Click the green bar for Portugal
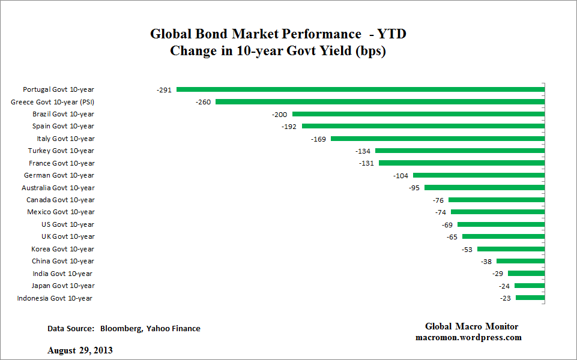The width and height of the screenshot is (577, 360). (x=360, y=89)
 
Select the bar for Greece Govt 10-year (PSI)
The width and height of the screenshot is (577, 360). (x=380, y=102)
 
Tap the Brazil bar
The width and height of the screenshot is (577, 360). (x=418, y=114)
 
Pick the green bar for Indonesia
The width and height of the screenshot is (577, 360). (x=530, y=298)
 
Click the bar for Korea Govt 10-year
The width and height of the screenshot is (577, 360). (x=511, y=249)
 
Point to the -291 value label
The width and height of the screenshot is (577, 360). (x=164, y=90)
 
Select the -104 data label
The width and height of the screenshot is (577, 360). (x=400, y=176)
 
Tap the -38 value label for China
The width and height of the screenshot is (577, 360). (x=486, y=262)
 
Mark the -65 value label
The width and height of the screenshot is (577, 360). (x=452, y=237)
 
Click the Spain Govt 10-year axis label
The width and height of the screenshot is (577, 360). (x=63, y=126)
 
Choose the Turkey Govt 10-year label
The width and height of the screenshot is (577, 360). (x=61, y=151)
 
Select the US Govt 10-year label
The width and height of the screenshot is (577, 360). (x=67, y=224)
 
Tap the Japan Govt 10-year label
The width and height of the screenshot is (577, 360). (x=63, y=286)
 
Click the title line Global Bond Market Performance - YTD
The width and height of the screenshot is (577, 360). (x=278, y=34)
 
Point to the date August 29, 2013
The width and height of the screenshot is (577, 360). (x=80, y=350)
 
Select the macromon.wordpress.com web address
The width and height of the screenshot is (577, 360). (x=468, y=337)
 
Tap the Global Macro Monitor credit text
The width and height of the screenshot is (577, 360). (x=471, y=326)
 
